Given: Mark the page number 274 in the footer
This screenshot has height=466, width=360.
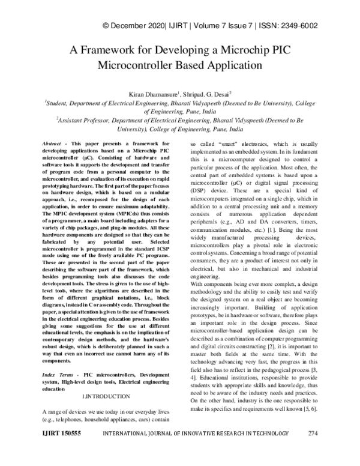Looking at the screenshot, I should point(313,450).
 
